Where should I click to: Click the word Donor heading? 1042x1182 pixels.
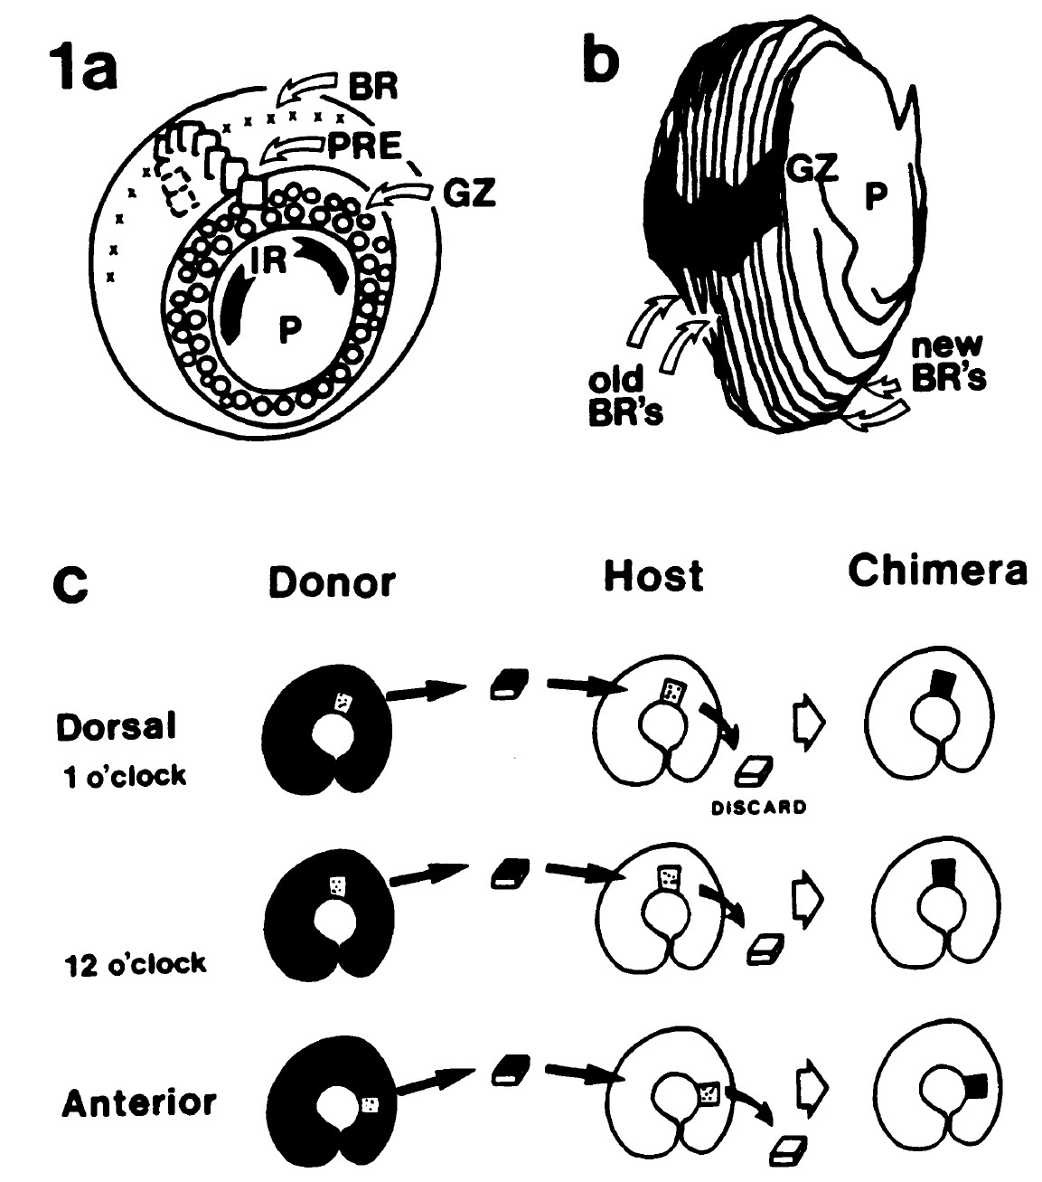[x=332, y=582]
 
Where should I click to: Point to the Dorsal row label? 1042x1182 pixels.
[x=115, y=727]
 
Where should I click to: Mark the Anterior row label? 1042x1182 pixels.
[x=140, y=1102]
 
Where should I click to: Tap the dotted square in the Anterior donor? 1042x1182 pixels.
[x=370, y=1103]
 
